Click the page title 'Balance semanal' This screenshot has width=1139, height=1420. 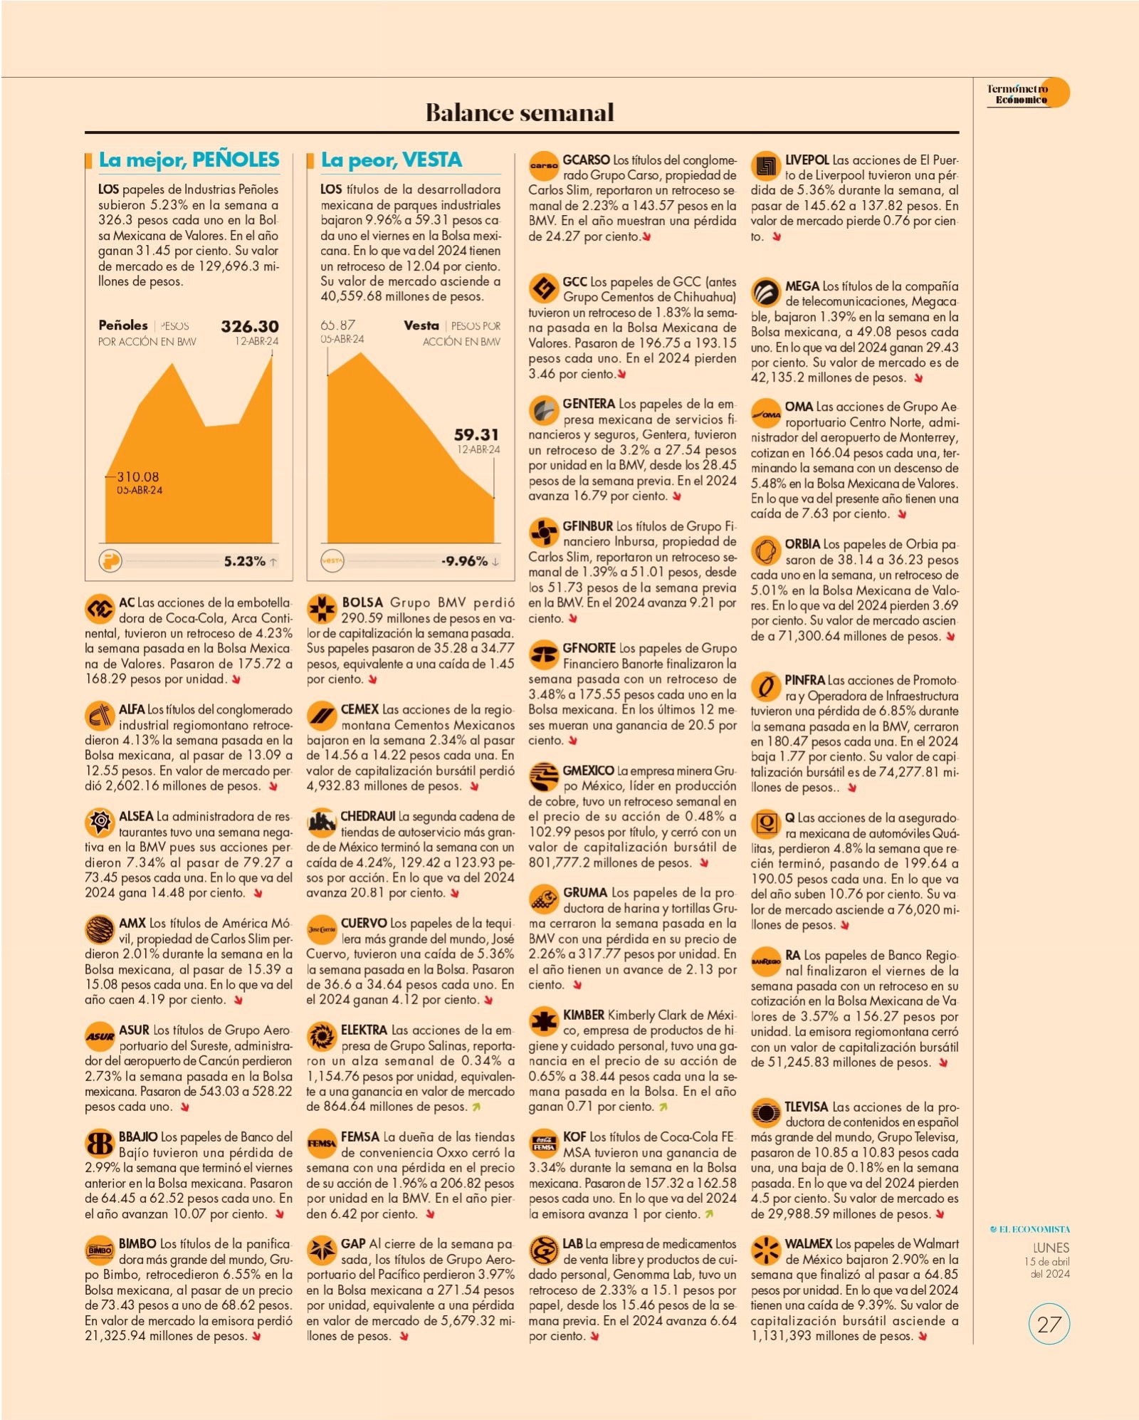(520, 113)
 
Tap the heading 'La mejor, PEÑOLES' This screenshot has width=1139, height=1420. (189, 160)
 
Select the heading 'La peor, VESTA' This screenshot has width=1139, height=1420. (392, 160)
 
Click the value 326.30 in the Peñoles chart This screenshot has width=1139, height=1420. (249, 326)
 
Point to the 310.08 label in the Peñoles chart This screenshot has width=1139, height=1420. (138, 476)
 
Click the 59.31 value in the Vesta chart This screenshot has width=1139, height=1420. (476, 434)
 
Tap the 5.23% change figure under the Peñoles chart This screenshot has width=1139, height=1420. (244, 561)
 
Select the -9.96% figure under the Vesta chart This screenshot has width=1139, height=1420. (465, 561)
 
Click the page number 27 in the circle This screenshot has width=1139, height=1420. (1049, 1324)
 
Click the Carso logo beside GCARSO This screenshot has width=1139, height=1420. (544, 166)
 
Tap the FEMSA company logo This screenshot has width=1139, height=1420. (321, 1143)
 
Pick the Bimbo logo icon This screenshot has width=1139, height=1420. (100, 1250)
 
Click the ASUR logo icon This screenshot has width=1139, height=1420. (100, 1036)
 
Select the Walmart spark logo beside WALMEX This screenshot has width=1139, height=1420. (766, 1250)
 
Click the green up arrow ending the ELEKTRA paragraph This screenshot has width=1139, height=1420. (476, 1107)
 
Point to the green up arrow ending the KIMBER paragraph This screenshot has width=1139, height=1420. (663, 1107)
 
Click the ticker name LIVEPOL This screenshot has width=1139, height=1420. (807, 160)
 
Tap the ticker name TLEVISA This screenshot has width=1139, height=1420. (807, 1107)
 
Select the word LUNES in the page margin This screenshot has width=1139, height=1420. (1051, 1247)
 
